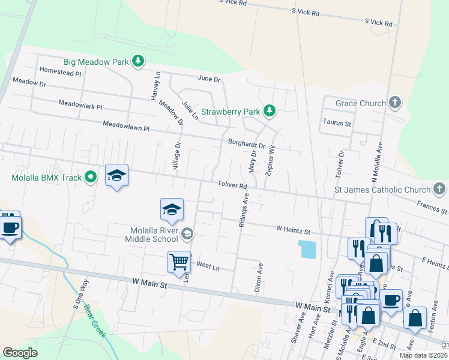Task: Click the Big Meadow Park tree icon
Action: (138, 61)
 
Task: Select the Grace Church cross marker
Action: (394, 103)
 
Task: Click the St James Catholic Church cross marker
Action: (439, 190)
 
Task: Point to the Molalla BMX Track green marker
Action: (91, 177)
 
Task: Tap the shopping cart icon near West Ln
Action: (179, 262)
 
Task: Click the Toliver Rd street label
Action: (232, 187)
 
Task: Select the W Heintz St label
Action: (293, 230)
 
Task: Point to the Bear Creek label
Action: (94, 321)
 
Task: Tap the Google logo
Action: (20, 352)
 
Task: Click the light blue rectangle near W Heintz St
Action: (307, 249)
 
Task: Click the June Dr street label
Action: (209, 79)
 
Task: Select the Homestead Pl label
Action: (59, 72)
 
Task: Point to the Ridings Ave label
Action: (243, 209)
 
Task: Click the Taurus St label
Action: (337, 122)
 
